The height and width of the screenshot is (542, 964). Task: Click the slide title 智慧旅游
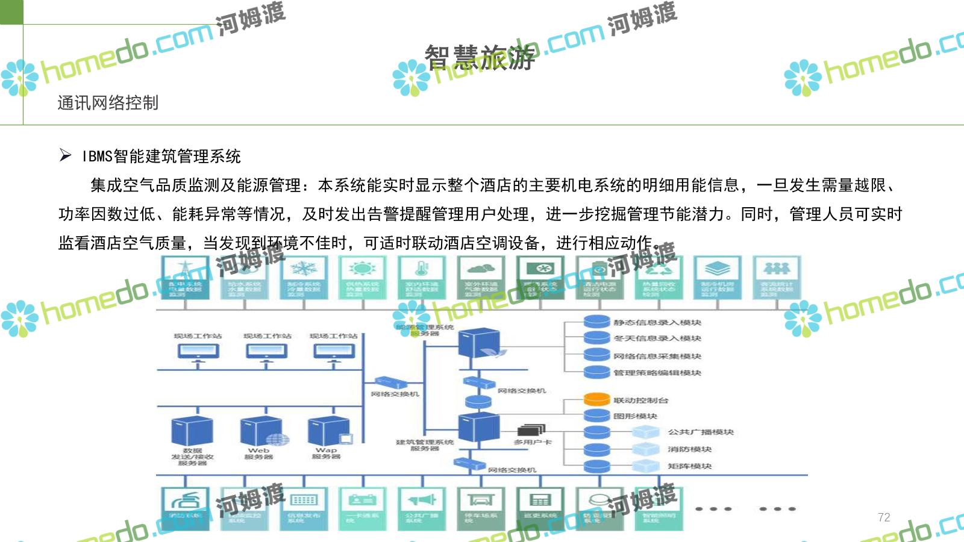(x=480, y=57)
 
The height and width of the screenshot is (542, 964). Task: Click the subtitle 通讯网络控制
(x=108, y=103)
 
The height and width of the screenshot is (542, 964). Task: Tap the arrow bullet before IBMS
(x=66, y=156)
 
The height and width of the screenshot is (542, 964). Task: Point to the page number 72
(x=884, y=517)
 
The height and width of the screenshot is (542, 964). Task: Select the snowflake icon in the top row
(x=304, y=269)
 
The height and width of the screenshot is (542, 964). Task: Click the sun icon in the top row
(x=362, y=269)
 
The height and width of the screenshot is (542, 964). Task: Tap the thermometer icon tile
(x=421, y=269)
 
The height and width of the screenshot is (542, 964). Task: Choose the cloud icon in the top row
(x=480, y=269)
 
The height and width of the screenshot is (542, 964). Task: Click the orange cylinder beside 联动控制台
(x=597, y=399)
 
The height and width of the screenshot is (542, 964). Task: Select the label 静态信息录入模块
(x=657, y=323)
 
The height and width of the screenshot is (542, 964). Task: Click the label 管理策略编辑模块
(x=657, y=373)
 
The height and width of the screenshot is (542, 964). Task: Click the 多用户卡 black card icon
(x=531, y=430)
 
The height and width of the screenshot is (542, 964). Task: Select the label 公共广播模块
(x=701, y=432)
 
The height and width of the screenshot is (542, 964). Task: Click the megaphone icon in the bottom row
(x=421, y=500)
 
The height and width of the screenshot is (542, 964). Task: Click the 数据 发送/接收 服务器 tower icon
(x=192, y=432)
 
